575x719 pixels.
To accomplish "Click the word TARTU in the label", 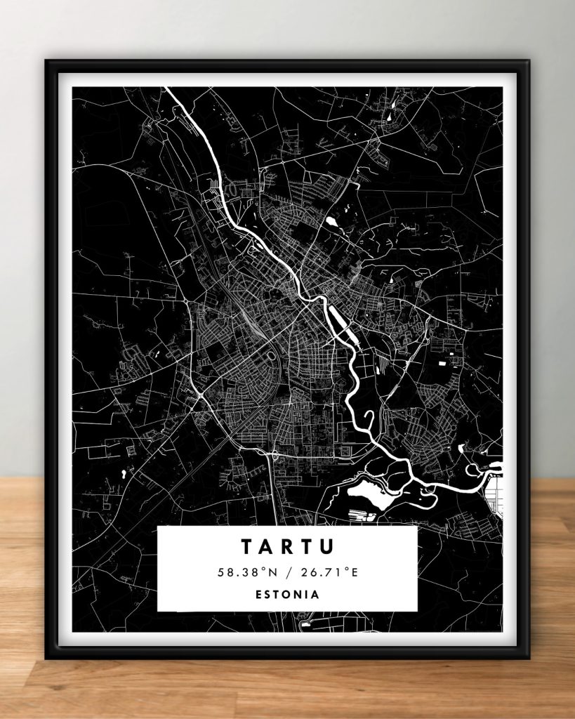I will [287, 546].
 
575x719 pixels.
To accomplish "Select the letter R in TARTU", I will [288, 546].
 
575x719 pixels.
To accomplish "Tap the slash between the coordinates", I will [289, 573].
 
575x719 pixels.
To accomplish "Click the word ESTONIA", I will [287, 594].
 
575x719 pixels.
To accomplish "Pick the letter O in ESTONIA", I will [286, 594].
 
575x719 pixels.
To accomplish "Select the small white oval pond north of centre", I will [331, 222].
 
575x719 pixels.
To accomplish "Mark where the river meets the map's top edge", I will [167, 88].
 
